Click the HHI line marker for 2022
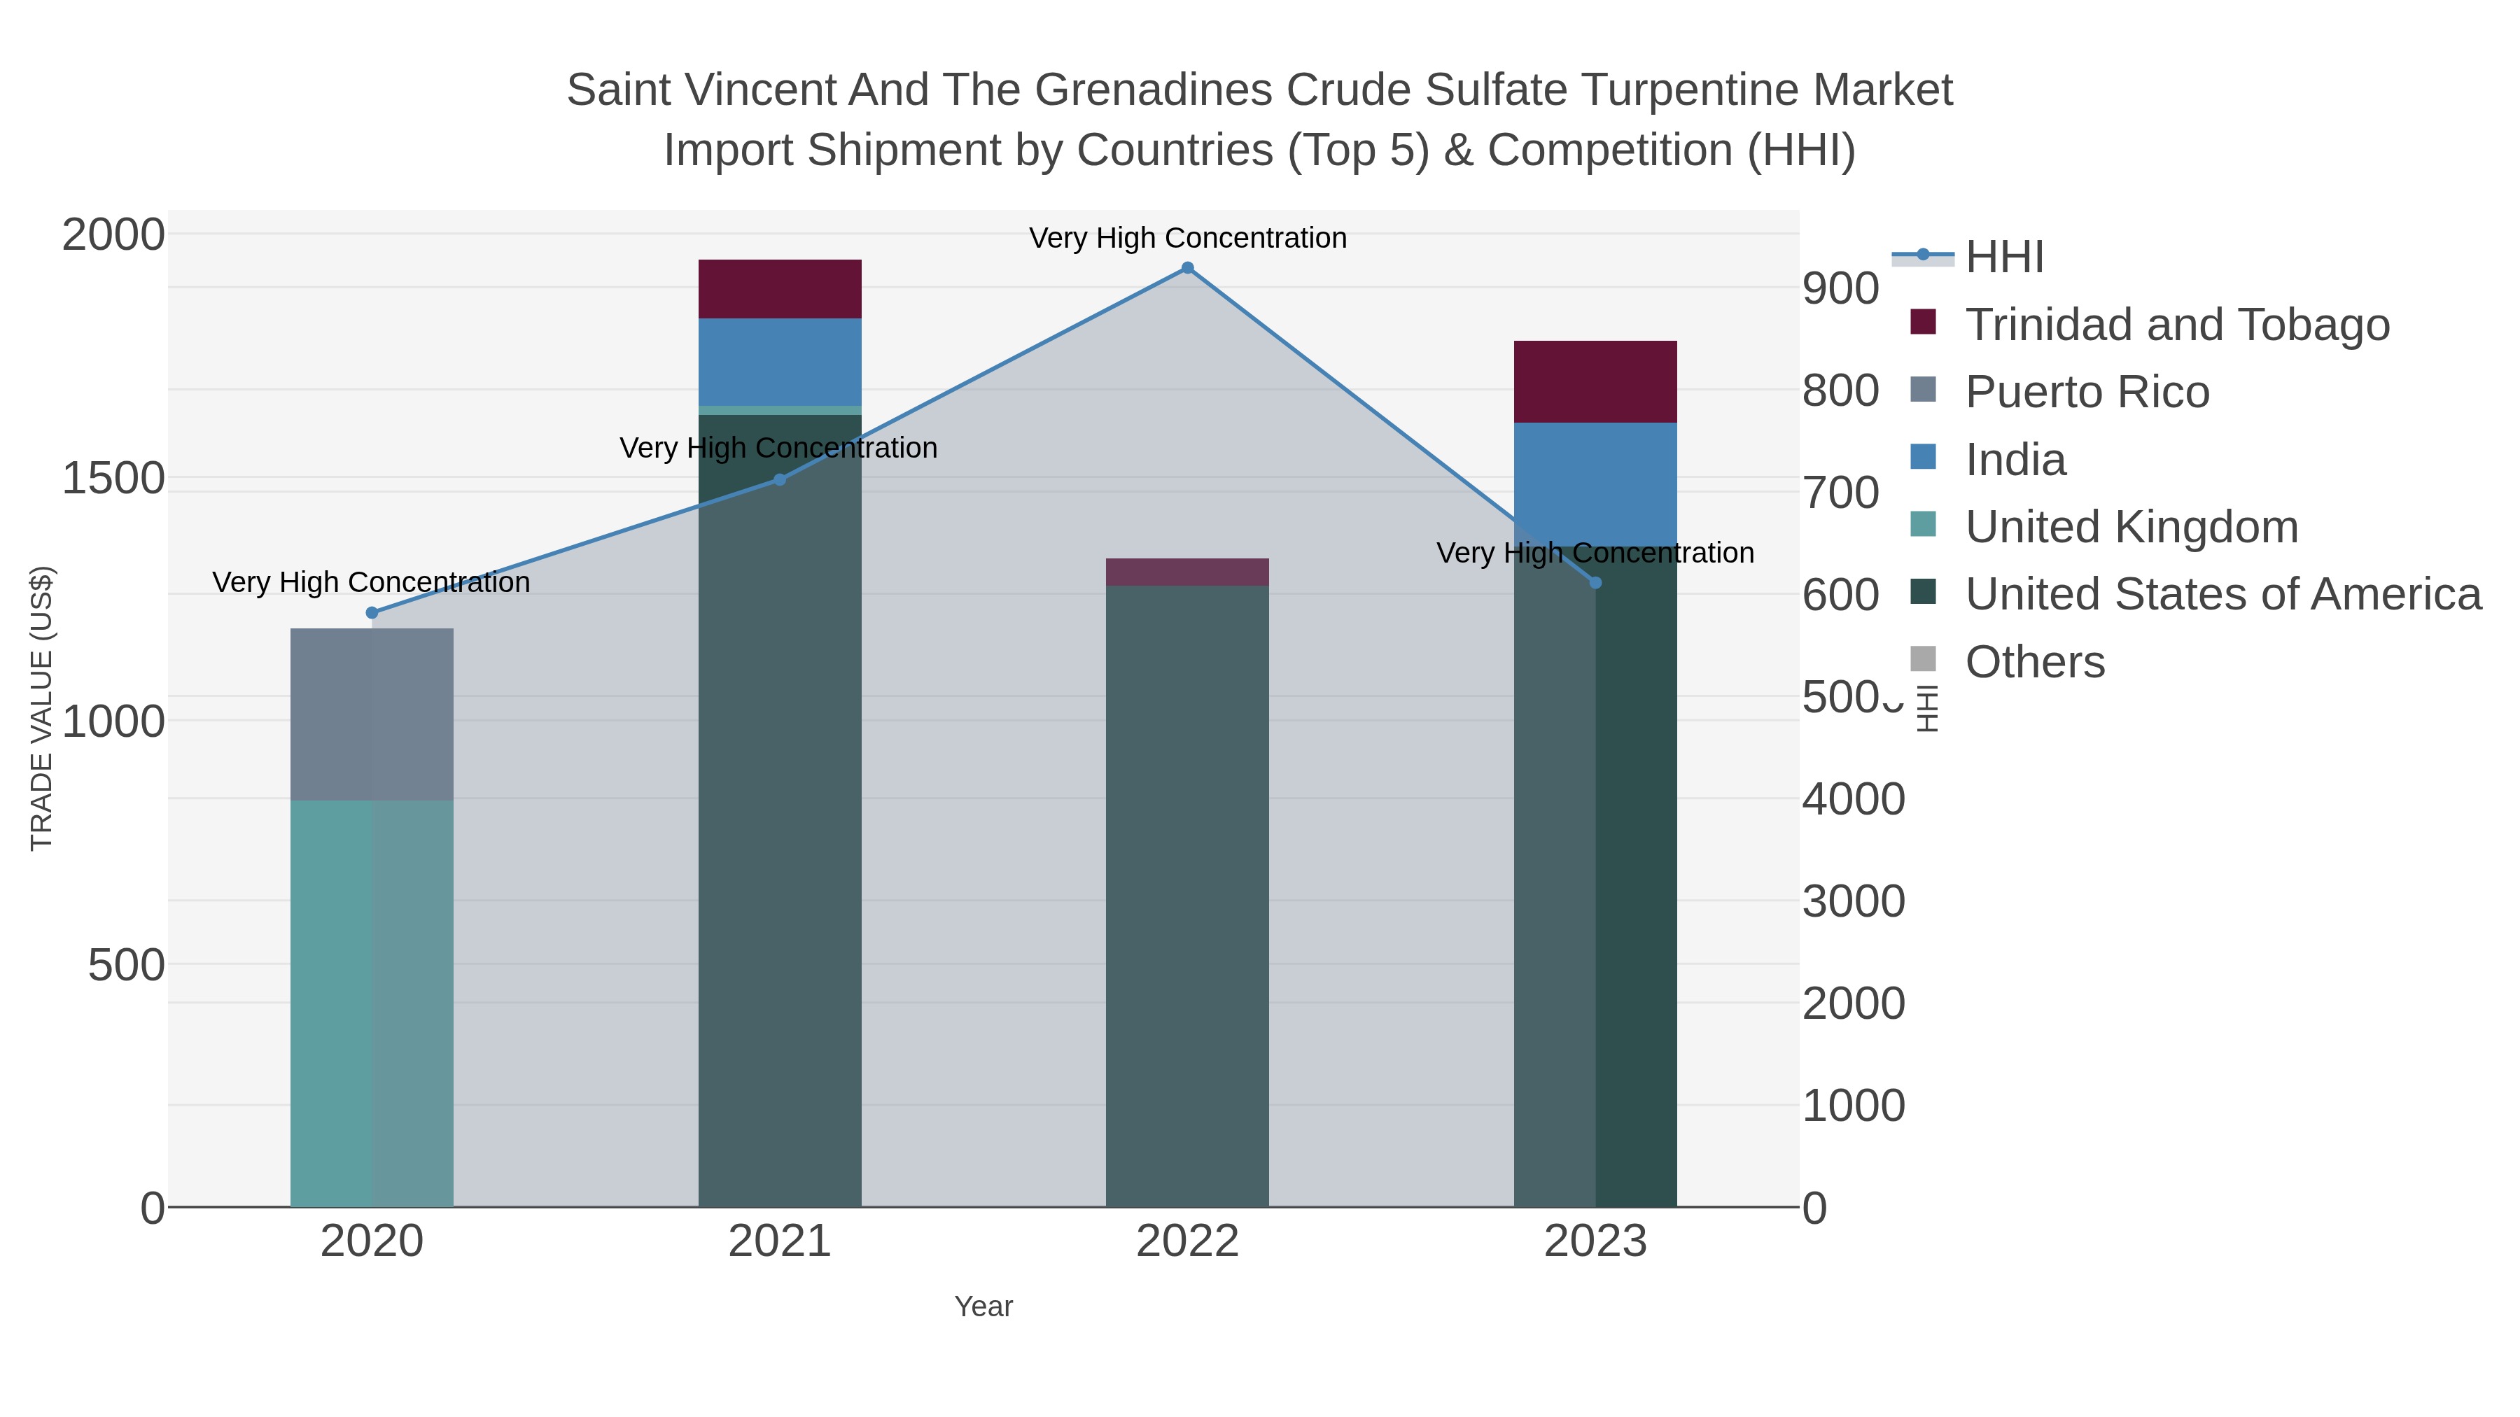(1188, 268)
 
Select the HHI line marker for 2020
(372, 613)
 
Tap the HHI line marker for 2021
(780, 479)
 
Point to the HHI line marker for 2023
(1595, 583)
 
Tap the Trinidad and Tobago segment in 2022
(1188, 572)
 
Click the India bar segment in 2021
(780, 362)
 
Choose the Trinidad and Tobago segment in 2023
(1595, 381)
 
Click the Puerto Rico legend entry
(2087, 392)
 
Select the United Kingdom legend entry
(2131, 527)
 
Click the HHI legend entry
(2003, 258)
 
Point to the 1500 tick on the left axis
(113, 478)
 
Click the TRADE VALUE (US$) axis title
(41, 708)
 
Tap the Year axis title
(983, 1306)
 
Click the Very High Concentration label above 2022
(1188, 238)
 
